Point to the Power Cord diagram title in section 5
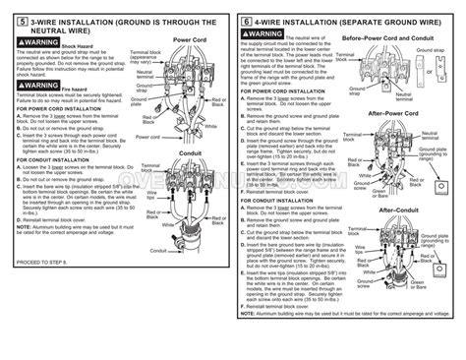pyautogui.click(x=186, y=41)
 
